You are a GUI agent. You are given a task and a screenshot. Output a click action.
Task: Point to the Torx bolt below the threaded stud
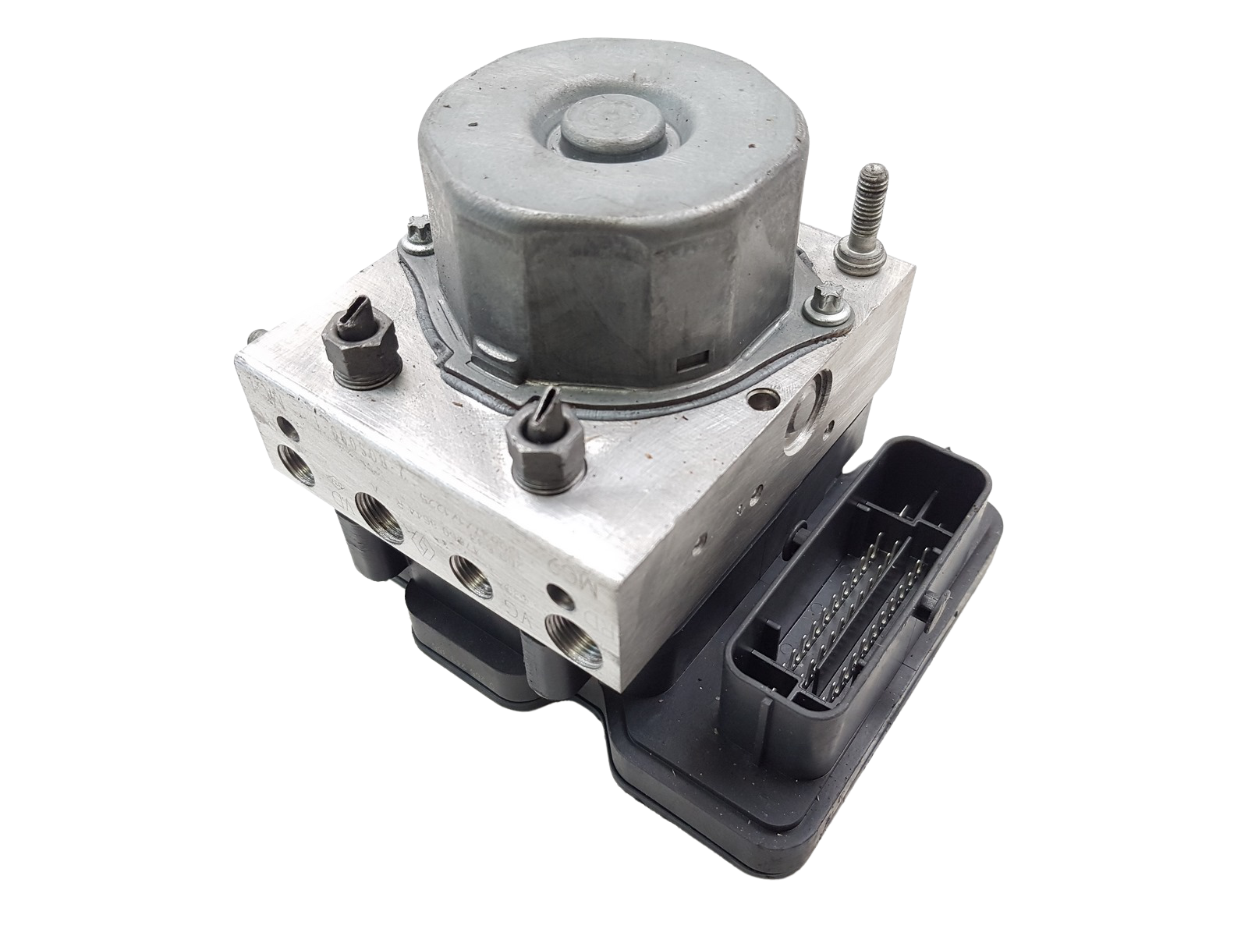[824, 301]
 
